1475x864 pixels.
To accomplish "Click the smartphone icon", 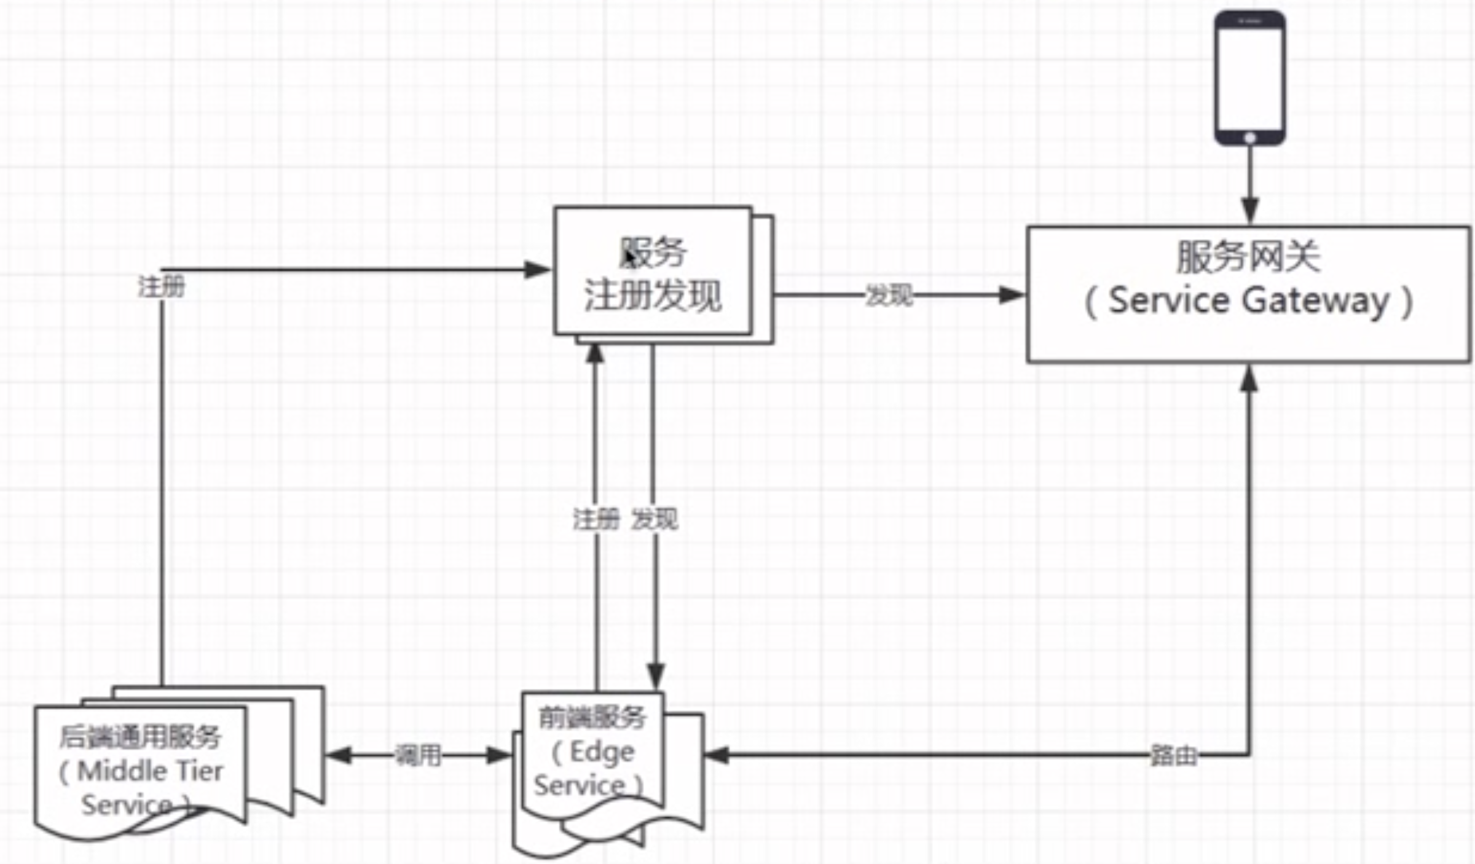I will tap(1249, 77).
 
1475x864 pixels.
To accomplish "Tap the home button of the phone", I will tap(1249, 138).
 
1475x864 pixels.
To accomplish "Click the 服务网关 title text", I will tap(1248, 257).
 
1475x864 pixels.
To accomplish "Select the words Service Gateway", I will tap(1248, 301).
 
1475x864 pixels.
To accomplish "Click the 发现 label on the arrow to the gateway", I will tap(889, 296).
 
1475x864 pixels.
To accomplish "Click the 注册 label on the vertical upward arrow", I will tap(596, 520).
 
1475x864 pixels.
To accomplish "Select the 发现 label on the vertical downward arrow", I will tap(655, 520).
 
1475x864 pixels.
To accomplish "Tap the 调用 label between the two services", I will tap(418, 755).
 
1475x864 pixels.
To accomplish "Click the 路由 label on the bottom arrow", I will tap(1173, 755).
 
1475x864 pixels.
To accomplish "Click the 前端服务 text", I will tap(592, 718).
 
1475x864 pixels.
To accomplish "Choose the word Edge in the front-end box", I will tap(602, 752).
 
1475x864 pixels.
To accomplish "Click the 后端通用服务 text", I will tap(140, 737).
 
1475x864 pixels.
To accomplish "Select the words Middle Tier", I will tap(150, 771).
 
